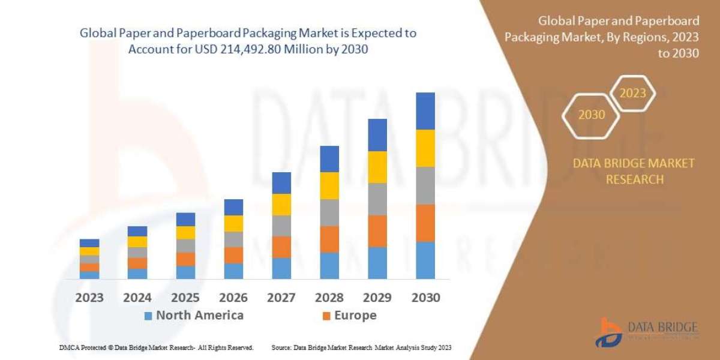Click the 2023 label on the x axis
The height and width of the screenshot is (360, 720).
(89, 298)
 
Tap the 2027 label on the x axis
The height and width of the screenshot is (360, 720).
(281, 298)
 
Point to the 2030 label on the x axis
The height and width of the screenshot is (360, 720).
(425, 298)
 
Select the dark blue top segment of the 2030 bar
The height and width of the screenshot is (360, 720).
(425, 111)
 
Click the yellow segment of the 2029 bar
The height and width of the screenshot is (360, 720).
(377, 167)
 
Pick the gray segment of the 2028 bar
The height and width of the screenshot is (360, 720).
(329, 212)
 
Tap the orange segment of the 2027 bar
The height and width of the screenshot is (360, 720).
(281, 247)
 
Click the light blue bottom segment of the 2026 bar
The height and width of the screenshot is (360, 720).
(233, 271)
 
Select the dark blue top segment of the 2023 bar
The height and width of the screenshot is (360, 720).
(89, 243)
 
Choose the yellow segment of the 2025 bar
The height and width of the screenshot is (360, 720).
(185, 233)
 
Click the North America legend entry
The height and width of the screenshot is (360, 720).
(193, 316)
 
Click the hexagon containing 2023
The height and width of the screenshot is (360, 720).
(632, 94)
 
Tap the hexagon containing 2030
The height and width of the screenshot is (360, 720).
(592, 115)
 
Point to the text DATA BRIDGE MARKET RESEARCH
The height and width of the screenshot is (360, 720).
(634, 171)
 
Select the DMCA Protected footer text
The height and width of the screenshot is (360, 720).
(156, 347)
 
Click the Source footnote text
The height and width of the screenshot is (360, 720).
(361, 347)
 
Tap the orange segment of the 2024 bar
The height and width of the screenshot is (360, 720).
(137, 263)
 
